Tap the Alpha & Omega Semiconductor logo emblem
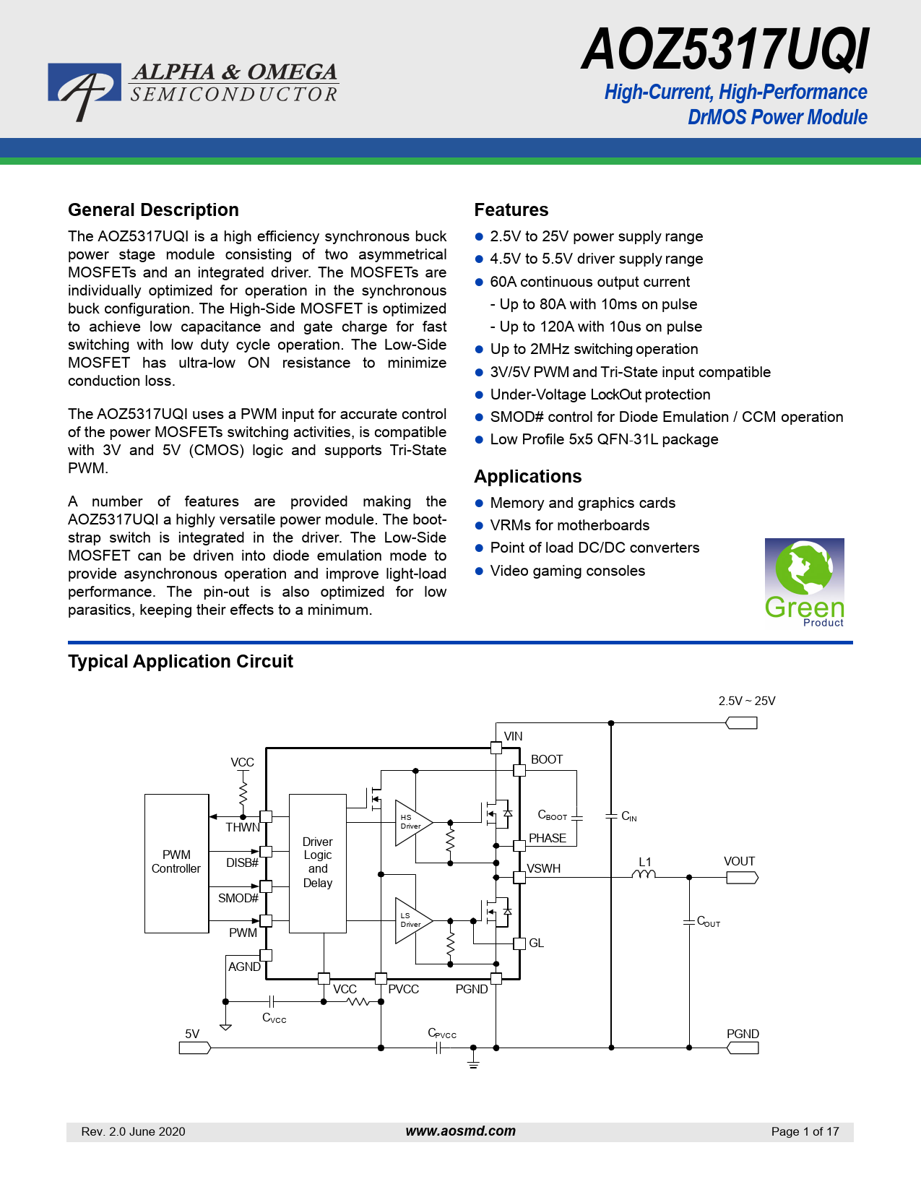coord(84,90)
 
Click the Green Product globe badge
coord(804,582)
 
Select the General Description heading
coord(153,210)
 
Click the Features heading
coord(511,210)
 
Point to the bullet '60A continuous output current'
coord(589,282)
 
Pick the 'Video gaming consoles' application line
coord(567,571)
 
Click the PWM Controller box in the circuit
coord(176,863)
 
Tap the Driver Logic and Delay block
coord(317,863)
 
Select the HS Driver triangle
coord(411,822)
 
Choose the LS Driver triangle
coord(411,920)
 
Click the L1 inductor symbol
coord(644,875)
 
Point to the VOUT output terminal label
coord(739,861)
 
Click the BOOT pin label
coord(546,759)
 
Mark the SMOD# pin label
coord(238,898)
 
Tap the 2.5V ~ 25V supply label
coord(746,701)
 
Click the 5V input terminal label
coord(192,1034)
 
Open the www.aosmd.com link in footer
coord(460,1131)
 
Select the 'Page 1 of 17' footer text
coord(805,1131)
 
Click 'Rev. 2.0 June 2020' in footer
coord(133,1131)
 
